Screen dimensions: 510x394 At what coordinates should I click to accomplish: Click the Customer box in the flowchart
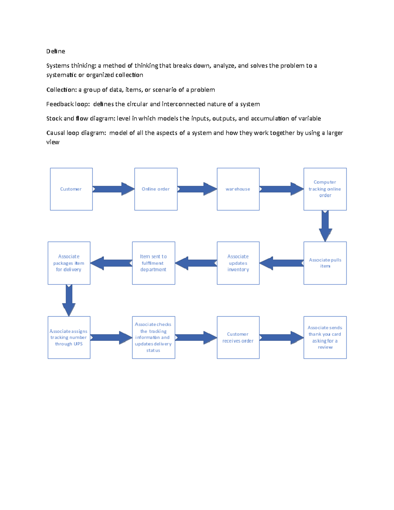71,189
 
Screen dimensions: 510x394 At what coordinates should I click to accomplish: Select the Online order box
156,189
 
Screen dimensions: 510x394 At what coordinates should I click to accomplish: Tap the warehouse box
238,189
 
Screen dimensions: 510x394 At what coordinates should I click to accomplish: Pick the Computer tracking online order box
325,189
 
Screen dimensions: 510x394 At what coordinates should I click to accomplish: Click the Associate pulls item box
325,263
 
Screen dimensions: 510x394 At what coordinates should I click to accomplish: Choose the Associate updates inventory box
238,263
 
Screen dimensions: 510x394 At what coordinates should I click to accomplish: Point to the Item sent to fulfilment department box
153,263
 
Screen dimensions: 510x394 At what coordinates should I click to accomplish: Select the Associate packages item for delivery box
69,263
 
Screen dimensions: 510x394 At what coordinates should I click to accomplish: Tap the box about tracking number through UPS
69,338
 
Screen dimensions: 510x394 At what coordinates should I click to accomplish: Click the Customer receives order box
238,338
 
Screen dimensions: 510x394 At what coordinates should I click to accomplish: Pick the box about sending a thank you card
325,338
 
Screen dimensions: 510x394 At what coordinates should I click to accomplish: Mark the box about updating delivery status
153,338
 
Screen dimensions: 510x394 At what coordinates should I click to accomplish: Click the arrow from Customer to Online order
114,189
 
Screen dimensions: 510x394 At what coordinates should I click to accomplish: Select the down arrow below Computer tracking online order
325,226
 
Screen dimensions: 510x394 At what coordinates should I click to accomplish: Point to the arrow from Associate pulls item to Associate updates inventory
282,263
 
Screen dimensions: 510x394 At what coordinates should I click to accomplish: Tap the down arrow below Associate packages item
69,300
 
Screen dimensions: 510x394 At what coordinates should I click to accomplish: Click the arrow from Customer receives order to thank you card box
282,338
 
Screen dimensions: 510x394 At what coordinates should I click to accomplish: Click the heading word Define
56,51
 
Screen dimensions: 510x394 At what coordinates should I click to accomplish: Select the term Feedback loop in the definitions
68,104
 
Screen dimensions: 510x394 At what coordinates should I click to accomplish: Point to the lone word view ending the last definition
53,142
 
